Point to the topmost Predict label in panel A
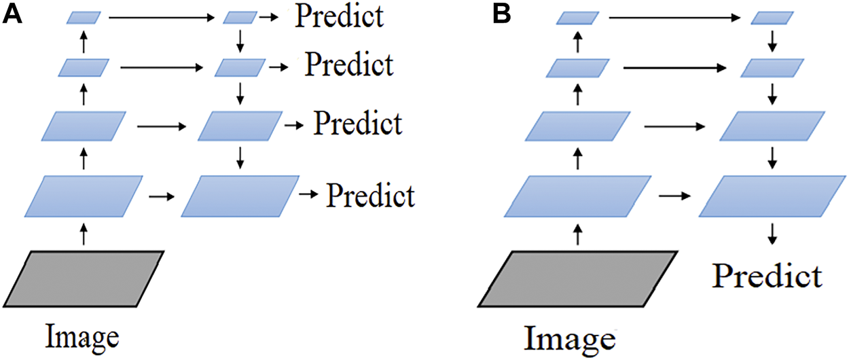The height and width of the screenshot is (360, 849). (x=338, y=16)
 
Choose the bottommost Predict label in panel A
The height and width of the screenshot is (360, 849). (x=371, y=196)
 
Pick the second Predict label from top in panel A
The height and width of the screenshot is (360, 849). (x=349, y=65)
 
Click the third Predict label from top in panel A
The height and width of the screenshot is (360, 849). (x=359, y=125)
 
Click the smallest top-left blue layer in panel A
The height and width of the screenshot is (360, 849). (x=84, y=17)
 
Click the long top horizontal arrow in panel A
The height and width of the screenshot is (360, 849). (x=161, y=18)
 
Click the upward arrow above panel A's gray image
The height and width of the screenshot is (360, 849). (x=84, y=235)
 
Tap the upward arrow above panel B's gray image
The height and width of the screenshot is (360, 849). (x=577, y=235)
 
